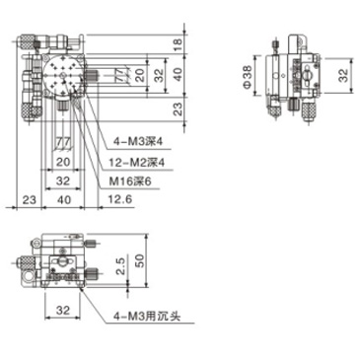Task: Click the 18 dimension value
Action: [x=177, y=42]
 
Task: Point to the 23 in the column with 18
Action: [x=177, y=107]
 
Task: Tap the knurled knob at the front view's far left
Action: [x=22, y=263]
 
